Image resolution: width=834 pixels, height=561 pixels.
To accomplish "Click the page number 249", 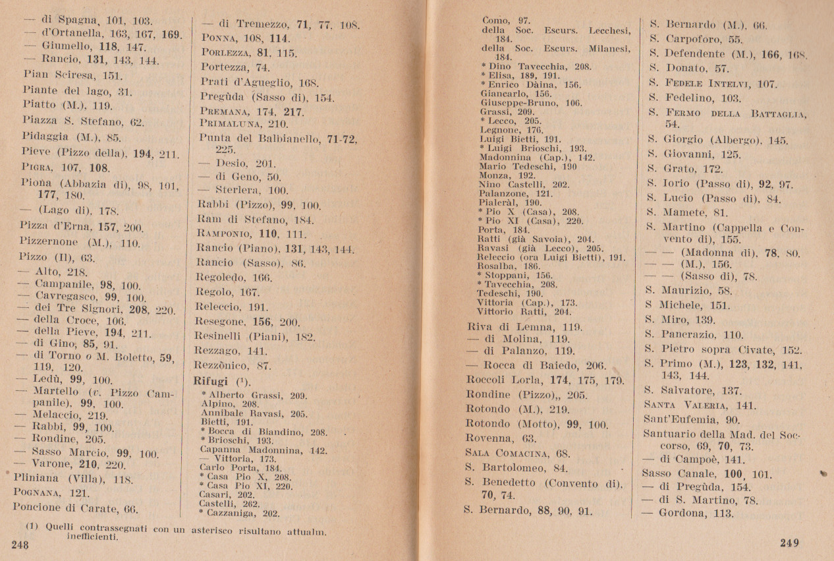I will [789, 543].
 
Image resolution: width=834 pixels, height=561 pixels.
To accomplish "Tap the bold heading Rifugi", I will [210, 381].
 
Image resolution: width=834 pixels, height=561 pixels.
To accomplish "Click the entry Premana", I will [224, 111].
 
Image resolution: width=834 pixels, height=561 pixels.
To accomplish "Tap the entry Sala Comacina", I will [499, 453].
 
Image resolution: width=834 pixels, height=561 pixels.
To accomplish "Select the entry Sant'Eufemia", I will [673, 419].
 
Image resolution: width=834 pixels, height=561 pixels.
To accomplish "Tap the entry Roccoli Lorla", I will [507, 380].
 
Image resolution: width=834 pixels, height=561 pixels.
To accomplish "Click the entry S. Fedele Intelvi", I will [711, 84].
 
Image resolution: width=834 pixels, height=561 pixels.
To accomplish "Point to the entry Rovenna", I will [490, 438].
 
